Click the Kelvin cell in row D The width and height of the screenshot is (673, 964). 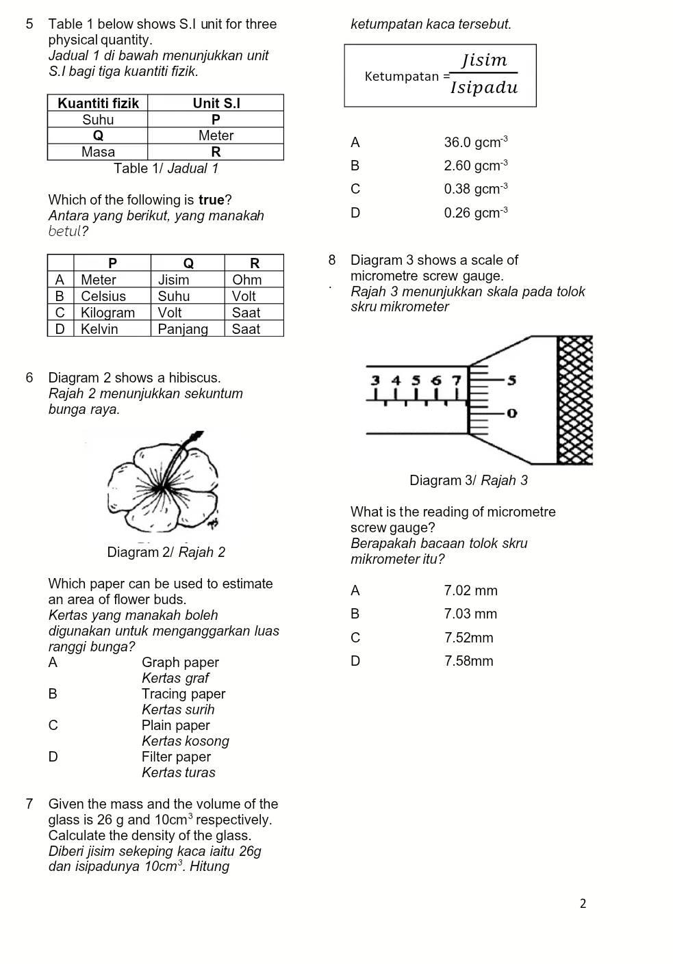[99, 329]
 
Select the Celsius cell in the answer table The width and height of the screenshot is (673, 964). [103, 296]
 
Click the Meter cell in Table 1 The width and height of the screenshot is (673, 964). [216, 135]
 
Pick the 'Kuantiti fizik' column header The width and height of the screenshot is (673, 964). [98, 103]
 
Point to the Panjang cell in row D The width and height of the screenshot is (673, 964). [183, 329]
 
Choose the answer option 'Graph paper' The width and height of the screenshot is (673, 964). [180, 662]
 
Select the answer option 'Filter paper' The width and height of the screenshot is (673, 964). [176, 757]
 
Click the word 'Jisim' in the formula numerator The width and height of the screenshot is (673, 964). [484, 60]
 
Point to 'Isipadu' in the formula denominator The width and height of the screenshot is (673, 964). [484, 88]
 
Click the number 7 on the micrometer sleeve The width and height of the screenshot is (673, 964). [456, 380]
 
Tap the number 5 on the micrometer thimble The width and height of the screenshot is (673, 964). [511, 380]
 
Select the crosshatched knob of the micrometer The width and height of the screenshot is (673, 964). [574, 401]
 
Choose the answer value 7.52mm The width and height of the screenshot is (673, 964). [468, 638]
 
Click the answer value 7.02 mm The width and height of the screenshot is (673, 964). [470, 590]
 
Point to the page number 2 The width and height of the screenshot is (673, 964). [583, 904]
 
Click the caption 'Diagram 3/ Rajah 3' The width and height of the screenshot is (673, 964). [468, 480]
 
